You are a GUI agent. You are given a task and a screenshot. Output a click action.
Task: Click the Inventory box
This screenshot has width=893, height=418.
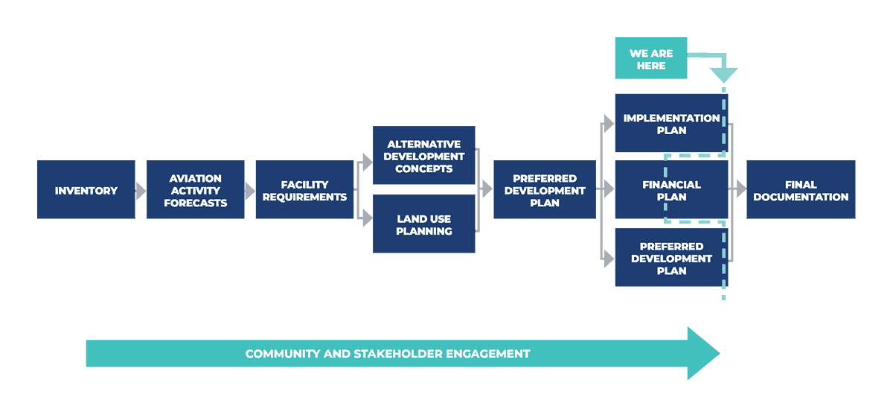86,190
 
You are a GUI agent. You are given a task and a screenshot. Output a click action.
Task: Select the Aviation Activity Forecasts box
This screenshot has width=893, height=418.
195,190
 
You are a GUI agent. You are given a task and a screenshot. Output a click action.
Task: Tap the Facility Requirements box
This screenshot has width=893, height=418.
304,190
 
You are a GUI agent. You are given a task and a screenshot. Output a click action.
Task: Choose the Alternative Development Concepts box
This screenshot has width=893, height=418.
423,156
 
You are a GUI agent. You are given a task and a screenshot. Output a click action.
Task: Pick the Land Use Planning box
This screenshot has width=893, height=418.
423,224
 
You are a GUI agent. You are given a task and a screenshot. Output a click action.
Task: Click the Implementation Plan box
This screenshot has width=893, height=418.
670,124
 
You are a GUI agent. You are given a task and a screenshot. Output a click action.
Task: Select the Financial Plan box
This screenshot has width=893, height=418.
671,190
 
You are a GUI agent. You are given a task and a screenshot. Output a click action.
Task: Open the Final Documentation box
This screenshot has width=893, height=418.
801,190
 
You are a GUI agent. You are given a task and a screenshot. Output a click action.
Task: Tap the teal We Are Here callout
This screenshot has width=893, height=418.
650,59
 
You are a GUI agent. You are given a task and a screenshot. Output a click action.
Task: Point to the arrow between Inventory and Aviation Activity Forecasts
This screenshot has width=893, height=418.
141,191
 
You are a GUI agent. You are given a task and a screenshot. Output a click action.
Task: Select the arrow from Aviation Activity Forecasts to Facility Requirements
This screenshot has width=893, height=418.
250,191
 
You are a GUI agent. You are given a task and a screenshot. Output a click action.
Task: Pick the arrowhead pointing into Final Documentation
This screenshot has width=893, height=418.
740,189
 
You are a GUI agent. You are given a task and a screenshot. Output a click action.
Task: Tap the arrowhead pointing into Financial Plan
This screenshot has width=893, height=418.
609,189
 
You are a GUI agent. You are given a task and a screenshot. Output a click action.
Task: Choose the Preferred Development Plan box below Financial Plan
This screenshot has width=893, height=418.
671,259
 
